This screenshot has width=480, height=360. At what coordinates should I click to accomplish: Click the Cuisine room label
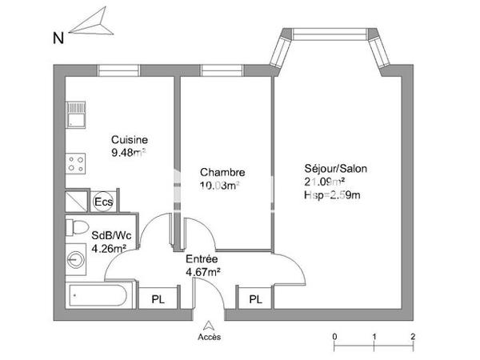tap(129, 138)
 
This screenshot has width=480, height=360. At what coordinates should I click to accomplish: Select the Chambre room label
tap(222, 173)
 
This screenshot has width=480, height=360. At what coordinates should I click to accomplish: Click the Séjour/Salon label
tap(337, 170)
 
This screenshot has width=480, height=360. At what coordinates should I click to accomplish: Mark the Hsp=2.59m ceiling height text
tap(333, 194)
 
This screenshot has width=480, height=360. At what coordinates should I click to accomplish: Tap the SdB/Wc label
tap(110, 236)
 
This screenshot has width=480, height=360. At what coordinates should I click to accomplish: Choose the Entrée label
tap(202, 259)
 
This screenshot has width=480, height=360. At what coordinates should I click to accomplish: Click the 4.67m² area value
tap(202, 272)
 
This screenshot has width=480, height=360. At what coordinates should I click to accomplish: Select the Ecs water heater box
tap(103, 202)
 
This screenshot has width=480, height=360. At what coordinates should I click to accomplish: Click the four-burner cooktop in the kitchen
tap(76, 165)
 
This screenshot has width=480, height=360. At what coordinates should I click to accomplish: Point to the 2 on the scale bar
tap(411, 335)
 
